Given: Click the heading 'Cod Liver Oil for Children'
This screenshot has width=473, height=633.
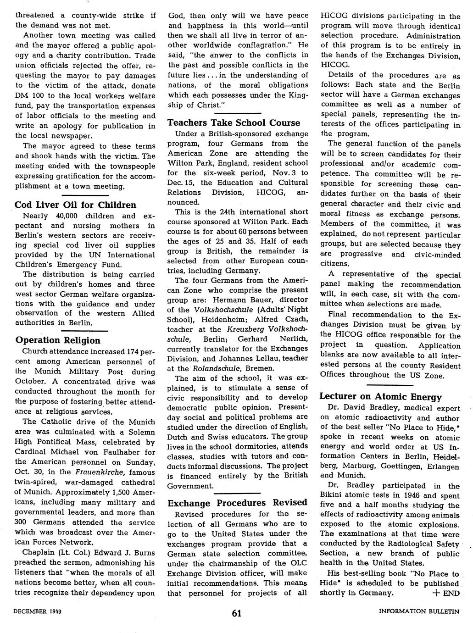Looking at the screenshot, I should [76, 205].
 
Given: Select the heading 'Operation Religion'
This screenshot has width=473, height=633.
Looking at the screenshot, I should [58, 340].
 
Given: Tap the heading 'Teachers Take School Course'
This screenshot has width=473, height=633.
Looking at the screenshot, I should [234, 123].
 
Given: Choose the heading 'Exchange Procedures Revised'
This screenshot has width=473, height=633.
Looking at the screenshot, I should [237, 503].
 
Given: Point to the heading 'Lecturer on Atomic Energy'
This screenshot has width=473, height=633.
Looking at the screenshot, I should [380, 397].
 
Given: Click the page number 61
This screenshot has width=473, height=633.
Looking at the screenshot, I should [237, 614].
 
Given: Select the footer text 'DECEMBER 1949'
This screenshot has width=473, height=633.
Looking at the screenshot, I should [38, 612].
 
